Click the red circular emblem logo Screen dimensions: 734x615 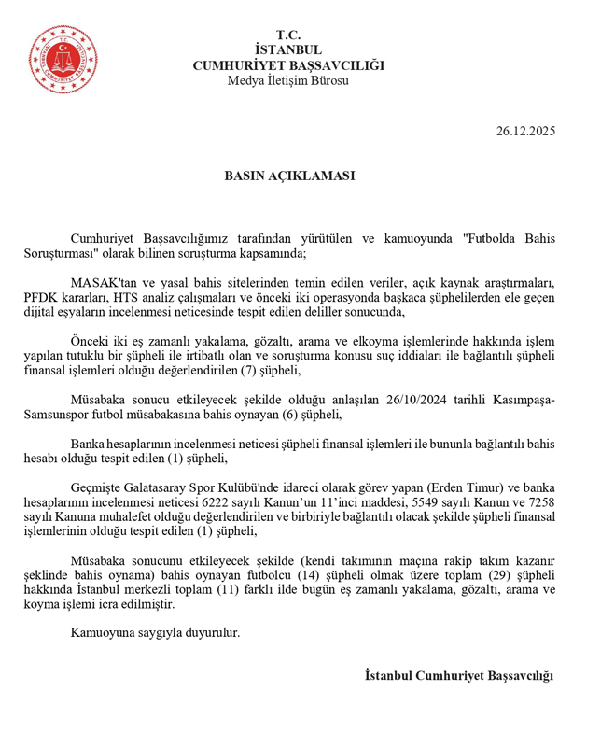pyautogui.click(x=63, y=55)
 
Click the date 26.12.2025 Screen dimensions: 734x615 pyautogui.click(x=525, y=131)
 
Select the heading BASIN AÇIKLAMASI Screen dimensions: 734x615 pyautogui.click(x=288, y=176)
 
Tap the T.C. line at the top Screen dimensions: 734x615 pyautogui.click(x=288, y=35)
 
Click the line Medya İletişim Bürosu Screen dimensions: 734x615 pyautogui.click(x=288, y=80)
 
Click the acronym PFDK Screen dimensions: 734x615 pyautogui.click(x=40, y=297)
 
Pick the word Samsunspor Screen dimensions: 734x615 pyautogui.click(x=55, y=415)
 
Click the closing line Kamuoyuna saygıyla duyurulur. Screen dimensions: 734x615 pyautogui.click(x=155, y=633)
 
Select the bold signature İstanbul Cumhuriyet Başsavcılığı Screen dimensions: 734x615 pyautogui.click(x=459, y=676)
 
